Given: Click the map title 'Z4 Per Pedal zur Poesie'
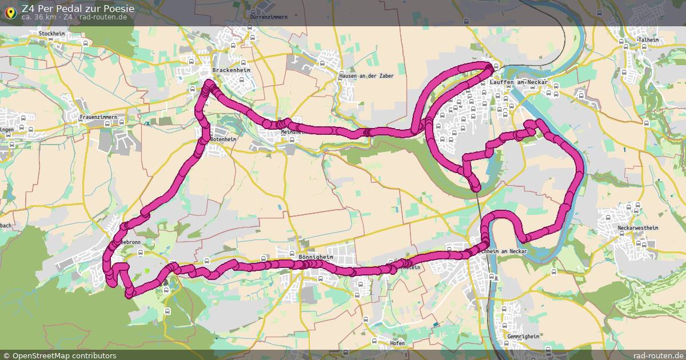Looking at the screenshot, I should [78, 9].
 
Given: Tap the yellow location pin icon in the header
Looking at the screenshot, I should [10, 12].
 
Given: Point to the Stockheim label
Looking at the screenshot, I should [52, 34].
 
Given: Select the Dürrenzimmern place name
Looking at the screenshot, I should [269, 17].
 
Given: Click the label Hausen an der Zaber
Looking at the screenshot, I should [366, 76].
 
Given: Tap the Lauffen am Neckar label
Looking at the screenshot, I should [519, 82].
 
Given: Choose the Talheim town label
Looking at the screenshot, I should [648, 40].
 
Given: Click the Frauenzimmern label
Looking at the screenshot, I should [98, 118].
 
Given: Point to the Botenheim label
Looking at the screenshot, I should [223, 139].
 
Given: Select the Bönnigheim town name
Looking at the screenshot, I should [316, 257].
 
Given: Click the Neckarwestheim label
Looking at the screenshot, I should [638, 228].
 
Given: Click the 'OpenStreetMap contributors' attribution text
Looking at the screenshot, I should [64, 355].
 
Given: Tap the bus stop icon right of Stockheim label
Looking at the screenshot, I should [86, 43].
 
